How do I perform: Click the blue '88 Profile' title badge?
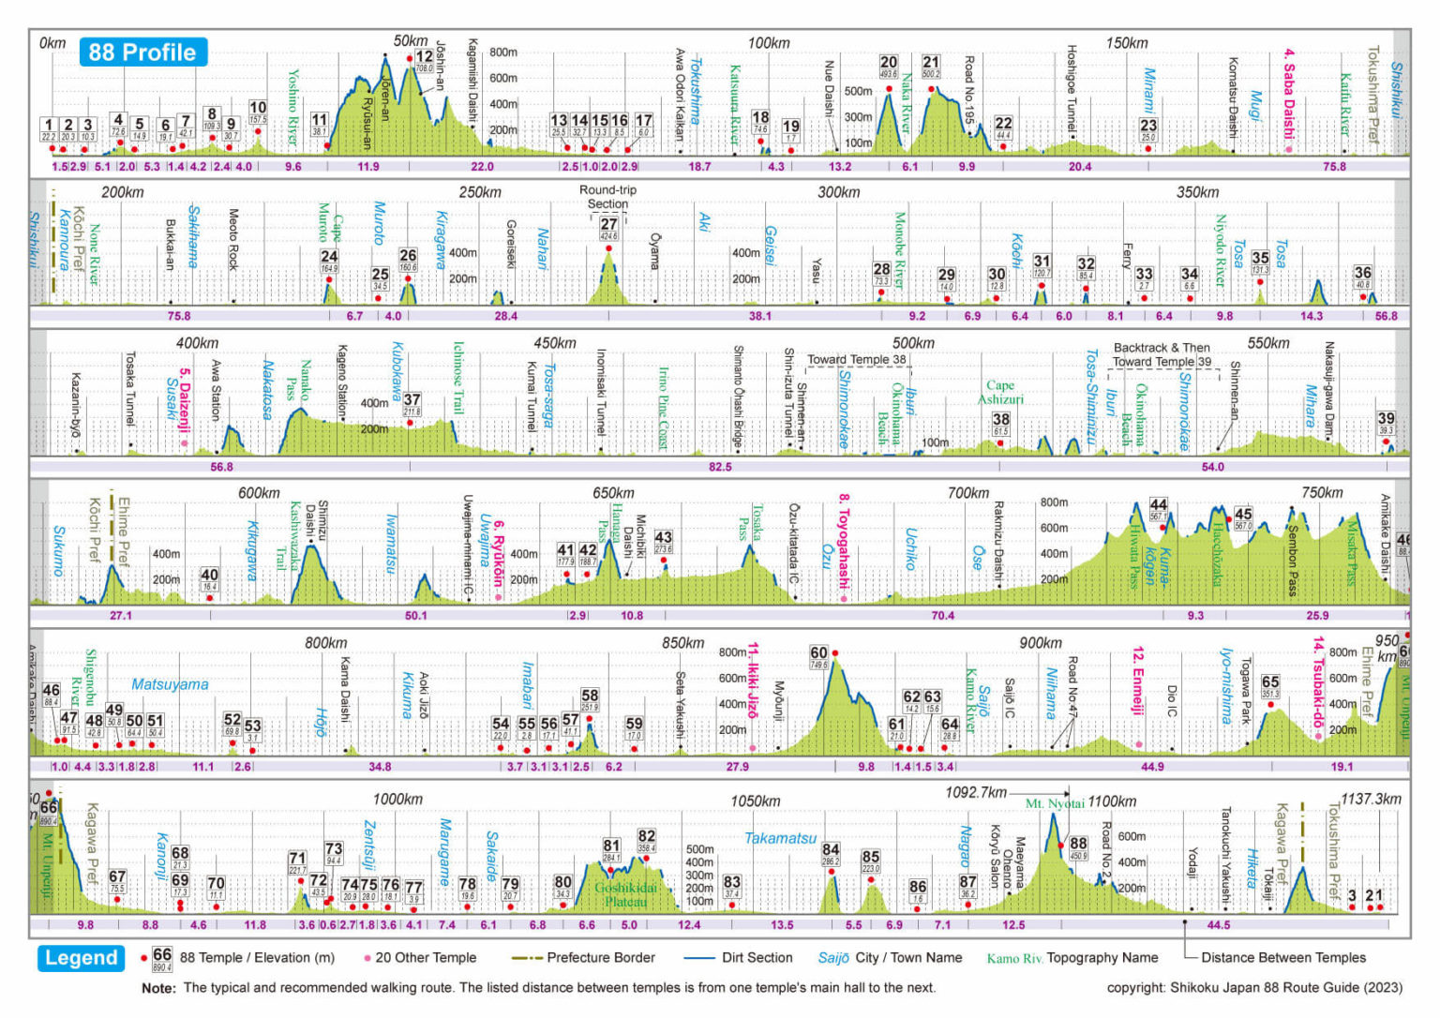click(x=142, y=52)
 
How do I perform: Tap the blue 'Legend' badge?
click(x=82, y=958)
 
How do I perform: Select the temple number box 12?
click(x=425, y=56)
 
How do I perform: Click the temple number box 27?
click(x=608, y=225)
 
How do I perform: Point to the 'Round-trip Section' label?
click(x=607, y=197)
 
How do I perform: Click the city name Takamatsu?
click(x=780, y=838)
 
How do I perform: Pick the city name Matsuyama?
click(x=170, y=684)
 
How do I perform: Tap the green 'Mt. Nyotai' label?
click(x=1054, y=803)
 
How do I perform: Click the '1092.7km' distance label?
click(x=976, y=792)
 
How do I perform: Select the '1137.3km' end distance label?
click(x=1371, y=799)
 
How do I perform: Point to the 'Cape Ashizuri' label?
click(x=1000, y=392)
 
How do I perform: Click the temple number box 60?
click(x=818, y=652)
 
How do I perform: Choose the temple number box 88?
click(x=1078, y=844)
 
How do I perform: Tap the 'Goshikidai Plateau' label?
click(x=625, y=894)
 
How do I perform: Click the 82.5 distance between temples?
click(x=720, y=467)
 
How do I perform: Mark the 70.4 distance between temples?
click(x=942, y=616)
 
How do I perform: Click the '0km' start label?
click(x=52, y=43)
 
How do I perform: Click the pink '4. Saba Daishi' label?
click(x=1289, y=94)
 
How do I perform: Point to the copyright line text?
click(x=1253, y=987)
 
